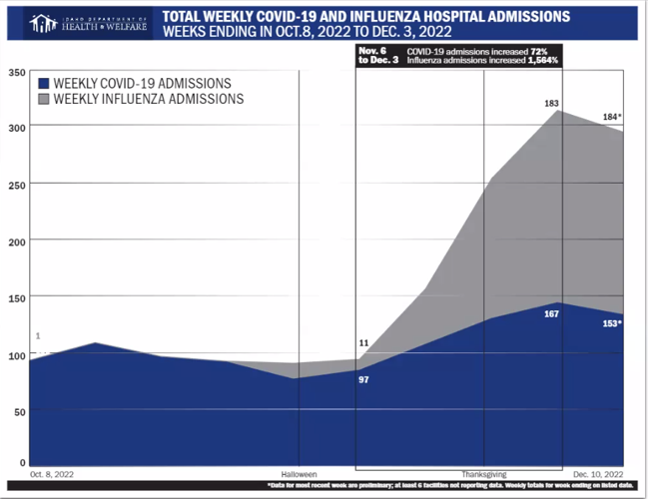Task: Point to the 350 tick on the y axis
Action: click(x=17, y=73)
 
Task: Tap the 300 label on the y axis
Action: click(x=17, y=128)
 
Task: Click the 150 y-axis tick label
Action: click(x=17, y=298)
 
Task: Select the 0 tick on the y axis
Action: click(x=21, y=463)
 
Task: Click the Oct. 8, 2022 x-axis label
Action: click(x=52, y=473)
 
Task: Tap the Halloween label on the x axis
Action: click(x=299, y=473)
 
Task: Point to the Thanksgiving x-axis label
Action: click(x=484, y=473)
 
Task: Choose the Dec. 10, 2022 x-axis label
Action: click(x=598, y=473)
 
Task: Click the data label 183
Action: click(x=551, y=104)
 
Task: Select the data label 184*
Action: click(x=611, y=118)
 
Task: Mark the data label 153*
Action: click(x=611, y=324)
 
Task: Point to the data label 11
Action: click(x=363, y=343)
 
